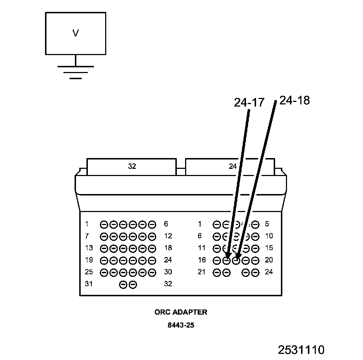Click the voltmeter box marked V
(75, 33)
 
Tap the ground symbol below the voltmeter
(75, 72)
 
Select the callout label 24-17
(249, 103)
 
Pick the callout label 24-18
(294, 100)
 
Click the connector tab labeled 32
(132, 166)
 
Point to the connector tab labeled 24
(232, 166)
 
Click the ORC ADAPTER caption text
(181, 312)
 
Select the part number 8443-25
(181, 325)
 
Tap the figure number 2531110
(301, 350)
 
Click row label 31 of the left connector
(89, 284)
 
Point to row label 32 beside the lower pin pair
(168, 284)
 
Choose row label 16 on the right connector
(202, 260)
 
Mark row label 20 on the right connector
(269, 260)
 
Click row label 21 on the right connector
(202, 272)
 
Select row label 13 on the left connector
(89, 248)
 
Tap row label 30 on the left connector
(168, 272)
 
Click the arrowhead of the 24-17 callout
(228, 256)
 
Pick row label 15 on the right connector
(269, 248)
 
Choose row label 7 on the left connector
(87, 236)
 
